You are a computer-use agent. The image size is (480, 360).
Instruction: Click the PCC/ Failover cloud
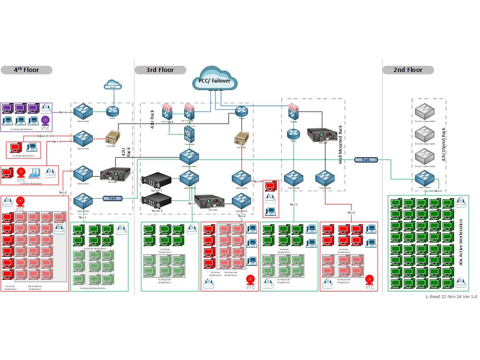point(215,80)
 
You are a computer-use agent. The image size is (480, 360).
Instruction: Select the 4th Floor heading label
point(26,70)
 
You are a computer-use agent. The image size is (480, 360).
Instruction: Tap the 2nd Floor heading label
point(408,70)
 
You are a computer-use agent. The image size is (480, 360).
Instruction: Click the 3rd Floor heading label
point(160,70)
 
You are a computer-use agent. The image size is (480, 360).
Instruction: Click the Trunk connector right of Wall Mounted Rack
point(366,159)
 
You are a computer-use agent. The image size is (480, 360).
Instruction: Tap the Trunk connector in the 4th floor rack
point(112,198)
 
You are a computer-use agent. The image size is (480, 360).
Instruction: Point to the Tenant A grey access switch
point(424,112)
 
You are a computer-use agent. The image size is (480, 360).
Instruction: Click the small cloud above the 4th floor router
point(113,85)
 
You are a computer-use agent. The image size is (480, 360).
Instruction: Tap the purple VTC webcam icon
point(45,120)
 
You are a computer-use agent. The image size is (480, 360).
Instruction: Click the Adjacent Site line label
point(46,136)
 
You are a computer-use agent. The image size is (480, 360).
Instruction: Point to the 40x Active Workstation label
point(461,242)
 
